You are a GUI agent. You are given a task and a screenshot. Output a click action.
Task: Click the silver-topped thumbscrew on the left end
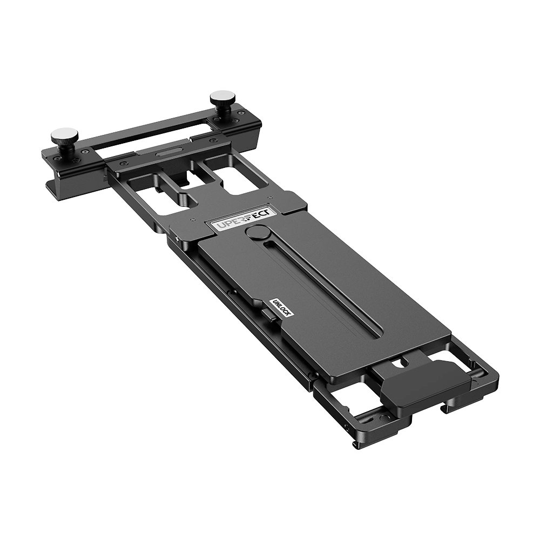coord(64,134)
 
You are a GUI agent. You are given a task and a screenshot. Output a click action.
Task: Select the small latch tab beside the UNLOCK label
coord(268,315)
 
